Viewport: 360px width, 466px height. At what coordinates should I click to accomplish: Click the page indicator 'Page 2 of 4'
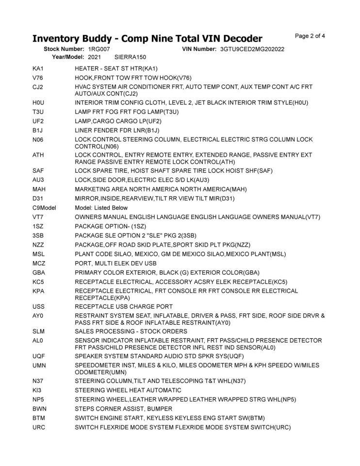(310, 35)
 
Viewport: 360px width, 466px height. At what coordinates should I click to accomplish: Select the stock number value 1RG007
(99, 50)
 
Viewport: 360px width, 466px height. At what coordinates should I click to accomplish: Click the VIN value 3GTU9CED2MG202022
(252, 50)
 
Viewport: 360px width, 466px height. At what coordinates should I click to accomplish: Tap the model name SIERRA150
(131, 57)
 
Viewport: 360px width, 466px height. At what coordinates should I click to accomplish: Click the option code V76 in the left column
(38, 78)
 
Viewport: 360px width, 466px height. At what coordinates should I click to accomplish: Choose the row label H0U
(38, 102)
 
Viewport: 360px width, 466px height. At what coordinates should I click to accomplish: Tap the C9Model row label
(45, 208)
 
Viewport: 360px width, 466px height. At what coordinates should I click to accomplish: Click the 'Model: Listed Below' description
(101, 208)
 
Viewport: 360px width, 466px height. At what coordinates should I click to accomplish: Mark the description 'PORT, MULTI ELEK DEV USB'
(115, 263)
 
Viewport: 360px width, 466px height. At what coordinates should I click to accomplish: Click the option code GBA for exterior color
(39, 272)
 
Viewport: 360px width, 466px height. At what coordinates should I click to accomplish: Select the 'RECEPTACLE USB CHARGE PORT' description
(124, 306)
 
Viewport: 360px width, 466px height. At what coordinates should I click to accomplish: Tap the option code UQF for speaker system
(39, 356)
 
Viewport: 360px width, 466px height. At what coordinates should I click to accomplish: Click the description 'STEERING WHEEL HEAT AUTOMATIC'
(128, 390)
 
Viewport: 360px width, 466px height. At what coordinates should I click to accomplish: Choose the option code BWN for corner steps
(39, 408)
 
